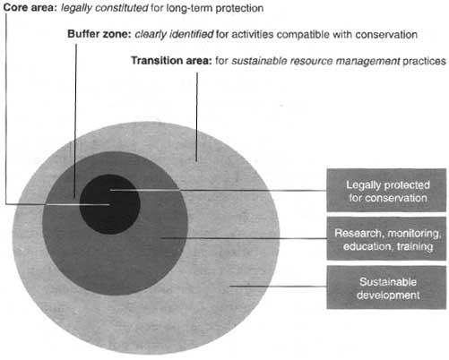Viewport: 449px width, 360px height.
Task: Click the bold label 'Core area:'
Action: click(30, 8)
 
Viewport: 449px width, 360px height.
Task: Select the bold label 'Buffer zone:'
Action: click(99, 34)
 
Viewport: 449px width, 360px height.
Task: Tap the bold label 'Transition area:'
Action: click(171, 61)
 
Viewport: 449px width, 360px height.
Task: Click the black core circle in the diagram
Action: click(109, 204)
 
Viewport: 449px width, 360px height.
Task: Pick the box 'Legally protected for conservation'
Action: click(386, 191)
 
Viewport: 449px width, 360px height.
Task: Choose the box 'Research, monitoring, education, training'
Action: click(386, 239)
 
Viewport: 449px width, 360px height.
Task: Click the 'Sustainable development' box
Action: click(386, 287)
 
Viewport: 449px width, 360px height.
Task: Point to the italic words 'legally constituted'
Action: click(105, 8)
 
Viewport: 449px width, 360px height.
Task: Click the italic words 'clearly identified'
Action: click(174, 34)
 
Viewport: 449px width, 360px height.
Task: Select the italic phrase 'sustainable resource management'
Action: click(315, 61)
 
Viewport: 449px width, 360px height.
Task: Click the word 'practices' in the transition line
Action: click(424, 61)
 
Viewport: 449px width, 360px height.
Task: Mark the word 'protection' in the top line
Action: click(239, 8)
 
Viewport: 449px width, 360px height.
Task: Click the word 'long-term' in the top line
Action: click(189, 8)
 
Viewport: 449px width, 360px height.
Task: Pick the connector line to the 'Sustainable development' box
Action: click(278, 287)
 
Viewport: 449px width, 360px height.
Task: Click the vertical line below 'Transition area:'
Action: click(196, 116)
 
